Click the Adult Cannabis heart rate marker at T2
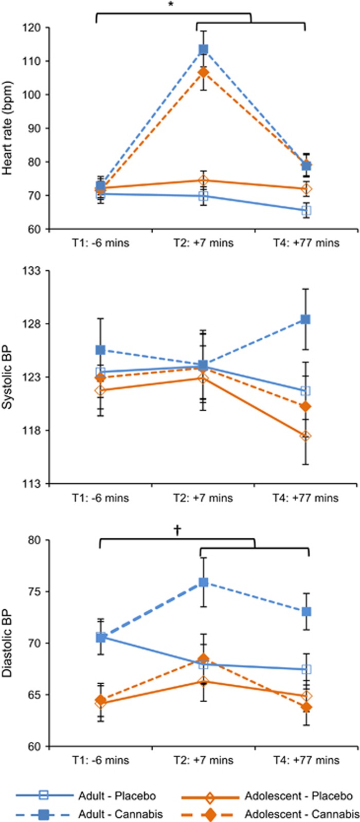tap(204, 49)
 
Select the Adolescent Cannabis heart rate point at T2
tap(204, 72)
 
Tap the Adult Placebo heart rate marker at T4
tap(307, 211)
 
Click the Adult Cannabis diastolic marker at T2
tap(204, 582)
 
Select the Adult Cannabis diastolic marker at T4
tap(307, 612)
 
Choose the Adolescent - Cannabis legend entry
tap(301, 814)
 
